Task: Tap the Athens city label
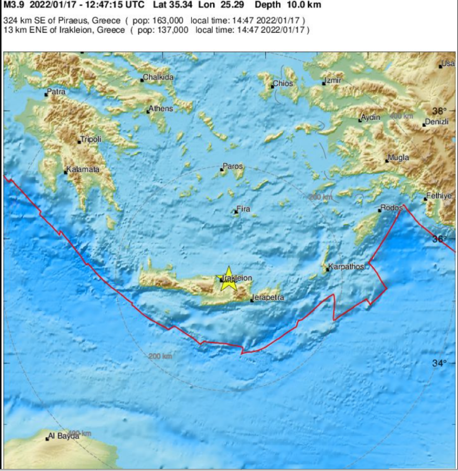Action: pyautogui.click(x=161, y=109)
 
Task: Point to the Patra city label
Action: pyautogui.click(x=56, y=93)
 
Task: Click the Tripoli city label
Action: pyautogui.click(x=91, y=139)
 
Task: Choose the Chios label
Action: pyautogui.click(x=283, y=84)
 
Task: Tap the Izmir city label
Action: pyautogui.click(x=332, y=82)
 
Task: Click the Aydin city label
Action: pyautogui.click(x=371, y=118)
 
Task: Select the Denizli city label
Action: pyautogui.click(x=436, y=122)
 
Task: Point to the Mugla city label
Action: pyautogui.click(x=398, y=158)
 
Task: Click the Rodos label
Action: pyautogui.click(x=391, y=208)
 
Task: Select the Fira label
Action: pyautogui.click(x=244, y=210)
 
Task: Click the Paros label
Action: pyautogui.click(x=233, y=167)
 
